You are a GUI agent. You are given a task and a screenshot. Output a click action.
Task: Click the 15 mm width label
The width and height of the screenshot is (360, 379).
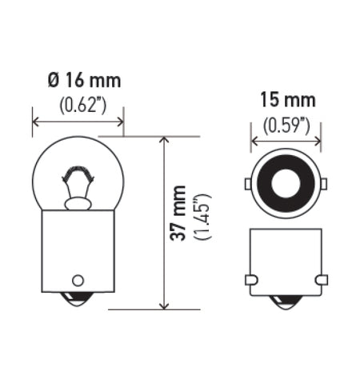tap(286, 101)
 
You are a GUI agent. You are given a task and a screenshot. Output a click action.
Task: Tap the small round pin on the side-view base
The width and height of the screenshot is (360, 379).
tap(78, 281)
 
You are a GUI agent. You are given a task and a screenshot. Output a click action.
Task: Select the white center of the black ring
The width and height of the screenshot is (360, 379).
tap(286, 186)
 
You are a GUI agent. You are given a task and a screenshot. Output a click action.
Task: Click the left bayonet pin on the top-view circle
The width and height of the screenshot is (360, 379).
tap(248, 186)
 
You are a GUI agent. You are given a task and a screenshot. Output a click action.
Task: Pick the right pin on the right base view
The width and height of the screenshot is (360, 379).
tap(321, 280)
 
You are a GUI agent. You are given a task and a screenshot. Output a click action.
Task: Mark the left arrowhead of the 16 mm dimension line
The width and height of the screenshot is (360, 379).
tap(35, 122)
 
